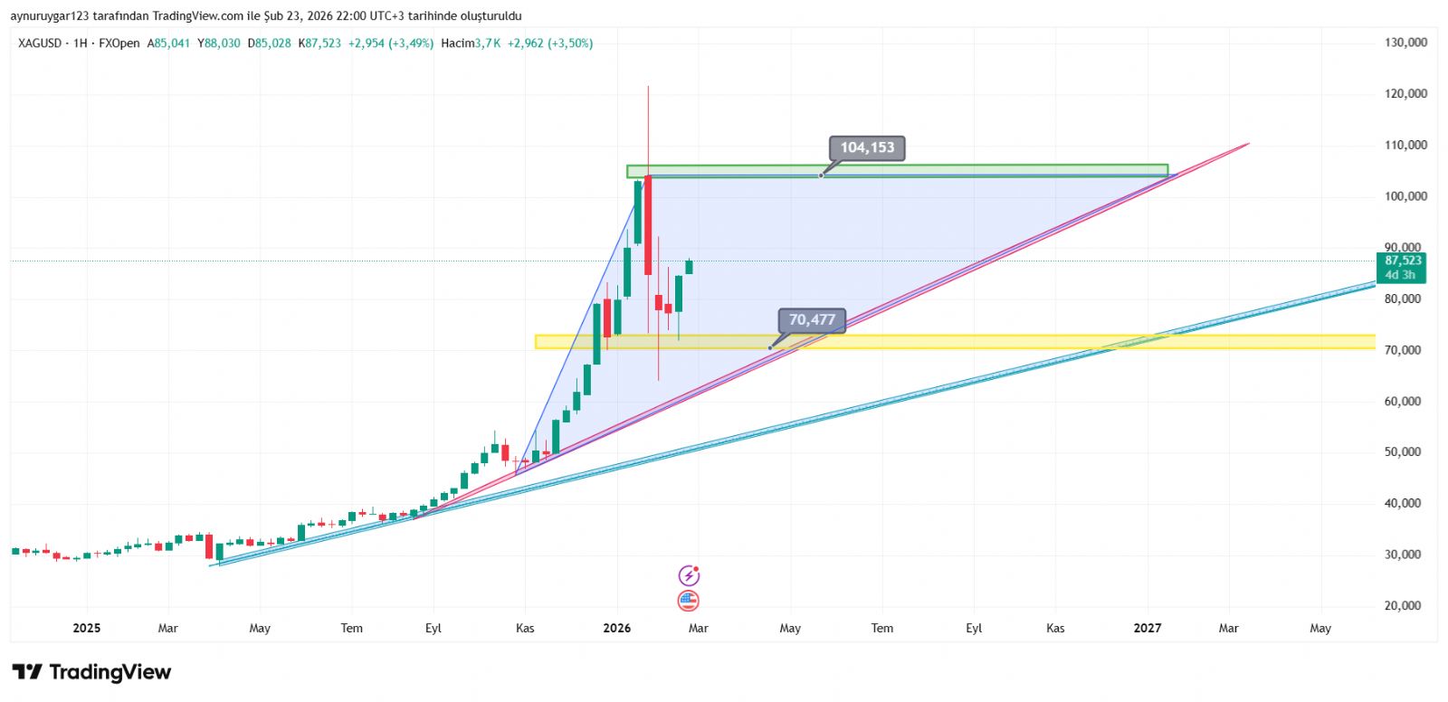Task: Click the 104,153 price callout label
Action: point(866,147)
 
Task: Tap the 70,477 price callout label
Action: point(811,320)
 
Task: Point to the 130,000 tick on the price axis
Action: point(1405,43)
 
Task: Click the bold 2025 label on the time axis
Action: point(87,628)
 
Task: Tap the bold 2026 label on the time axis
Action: point(617,628)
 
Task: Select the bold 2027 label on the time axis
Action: point(1148,628)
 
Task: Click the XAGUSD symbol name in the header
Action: point(40,43)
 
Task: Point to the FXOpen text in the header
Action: point(119,43)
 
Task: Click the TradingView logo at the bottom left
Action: point(91,672)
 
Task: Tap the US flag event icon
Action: point(689,601)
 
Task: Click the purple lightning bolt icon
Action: point(689,575)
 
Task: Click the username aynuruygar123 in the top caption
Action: point(50,16)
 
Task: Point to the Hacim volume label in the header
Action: point(457,43)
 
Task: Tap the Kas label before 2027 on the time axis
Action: point(1055,628)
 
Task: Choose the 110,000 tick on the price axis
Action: point(1405,145)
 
